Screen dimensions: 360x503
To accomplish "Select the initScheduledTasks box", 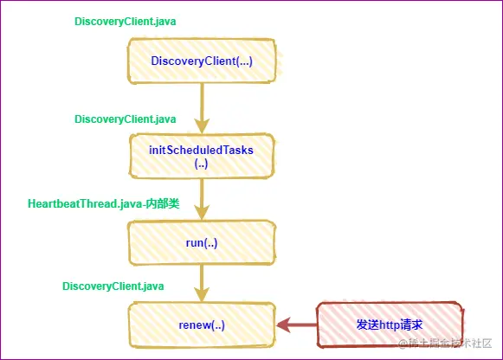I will click(x=202, y=156).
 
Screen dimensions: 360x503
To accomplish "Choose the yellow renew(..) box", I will click(x=202, y=325).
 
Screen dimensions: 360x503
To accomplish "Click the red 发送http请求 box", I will click(x=389, y=325).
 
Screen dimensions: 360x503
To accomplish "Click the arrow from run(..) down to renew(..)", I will click(x=202, y=281).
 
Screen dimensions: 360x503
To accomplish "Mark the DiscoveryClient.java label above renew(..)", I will click(x=113, y=285).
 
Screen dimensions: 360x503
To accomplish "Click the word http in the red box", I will click(x=388, y=325).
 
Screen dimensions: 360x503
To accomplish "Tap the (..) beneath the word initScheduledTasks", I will click(x=202, y=163).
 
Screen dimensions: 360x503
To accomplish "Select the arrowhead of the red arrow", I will click(x=282, y=325).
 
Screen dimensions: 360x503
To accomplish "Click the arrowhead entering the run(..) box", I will click(x=202, y=214).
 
